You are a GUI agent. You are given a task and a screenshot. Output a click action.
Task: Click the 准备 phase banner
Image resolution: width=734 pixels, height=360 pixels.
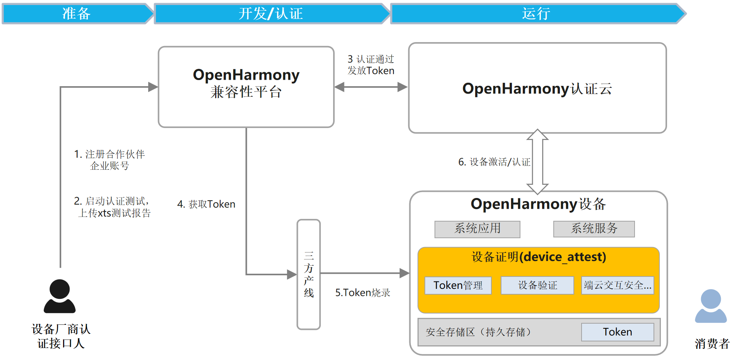(77, 14)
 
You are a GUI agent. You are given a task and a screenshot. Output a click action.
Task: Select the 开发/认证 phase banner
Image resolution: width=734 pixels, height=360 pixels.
(271, 14)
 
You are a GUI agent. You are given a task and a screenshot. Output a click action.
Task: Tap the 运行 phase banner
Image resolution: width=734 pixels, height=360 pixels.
(536, 14)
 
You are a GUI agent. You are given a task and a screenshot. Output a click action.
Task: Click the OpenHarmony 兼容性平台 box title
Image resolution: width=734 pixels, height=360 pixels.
(246, 83)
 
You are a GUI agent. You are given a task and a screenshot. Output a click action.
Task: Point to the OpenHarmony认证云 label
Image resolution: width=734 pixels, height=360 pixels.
(537, 89)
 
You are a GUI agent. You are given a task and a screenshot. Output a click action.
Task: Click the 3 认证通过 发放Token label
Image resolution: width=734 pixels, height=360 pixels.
(371, 65)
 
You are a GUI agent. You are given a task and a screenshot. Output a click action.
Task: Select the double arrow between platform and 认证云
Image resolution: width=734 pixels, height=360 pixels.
(371, 87)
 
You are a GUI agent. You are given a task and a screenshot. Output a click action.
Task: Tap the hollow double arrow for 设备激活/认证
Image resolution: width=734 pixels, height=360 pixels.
(537, 162)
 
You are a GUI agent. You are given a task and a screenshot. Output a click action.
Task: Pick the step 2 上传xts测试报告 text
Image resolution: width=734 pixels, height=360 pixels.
(112, 207)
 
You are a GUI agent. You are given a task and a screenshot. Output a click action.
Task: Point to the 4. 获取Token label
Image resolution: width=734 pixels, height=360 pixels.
(206, 204)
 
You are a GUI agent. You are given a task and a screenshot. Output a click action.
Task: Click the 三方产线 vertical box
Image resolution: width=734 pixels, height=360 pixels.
(308, 275)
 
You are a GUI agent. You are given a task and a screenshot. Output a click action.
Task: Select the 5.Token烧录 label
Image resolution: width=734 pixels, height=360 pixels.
(363, 293)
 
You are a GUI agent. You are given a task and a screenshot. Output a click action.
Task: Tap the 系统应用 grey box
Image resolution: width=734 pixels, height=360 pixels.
(477, 229)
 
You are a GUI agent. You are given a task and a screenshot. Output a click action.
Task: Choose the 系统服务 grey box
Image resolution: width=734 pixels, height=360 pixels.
(594, 229)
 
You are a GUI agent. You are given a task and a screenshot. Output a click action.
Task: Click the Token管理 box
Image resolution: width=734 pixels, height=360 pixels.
(458, 285)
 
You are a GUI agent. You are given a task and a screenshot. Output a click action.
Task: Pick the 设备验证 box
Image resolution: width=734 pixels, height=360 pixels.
(537, 285)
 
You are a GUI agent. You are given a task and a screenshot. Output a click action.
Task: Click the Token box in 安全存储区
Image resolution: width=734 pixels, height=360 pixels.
(618, 332)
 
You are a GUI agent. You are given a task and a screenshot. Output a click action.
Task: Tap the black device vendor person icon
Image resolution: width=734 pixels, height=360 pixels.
(60, 296)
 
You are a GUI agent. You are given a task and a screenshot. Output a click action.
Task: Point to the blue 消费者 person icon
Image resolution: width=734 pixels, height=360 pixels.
(711, 306)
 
